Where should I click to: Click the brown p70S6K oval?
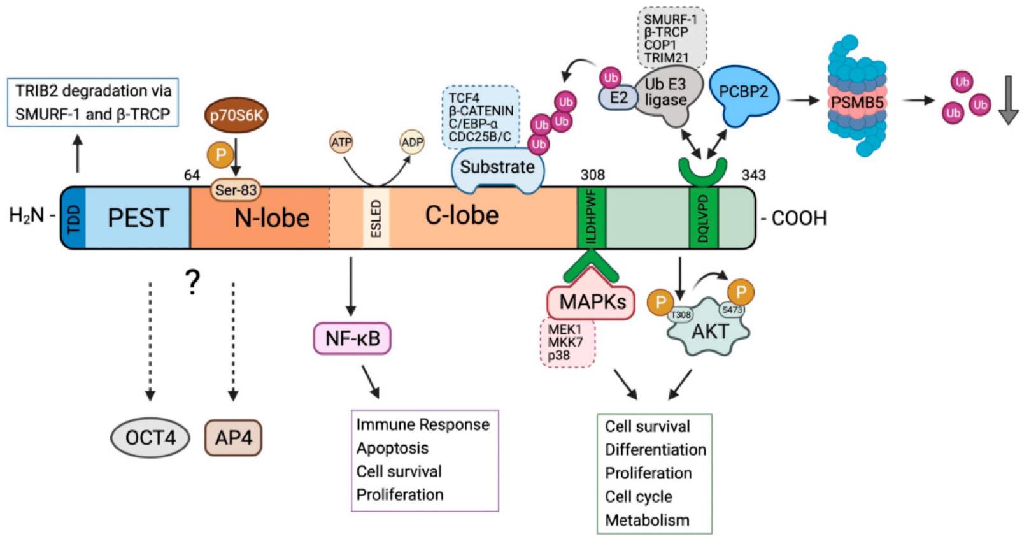(x=236, y=115)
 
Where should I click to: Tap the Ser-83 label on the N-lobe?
(x=236, y=189)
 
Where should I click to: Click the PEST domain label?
(x=138, y=218)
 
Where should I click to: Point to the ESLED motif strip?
(x=376, y=218)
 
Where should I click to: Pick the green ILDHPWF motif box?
(x=592, y=218)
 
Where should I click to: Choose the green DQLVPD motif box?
(x=704, y=218)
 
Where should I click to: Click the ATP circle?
(x=341, y=142)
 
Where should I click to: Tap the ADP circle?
(x=412, y=142)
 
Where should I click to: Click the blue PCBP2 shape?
(x=743, y=94)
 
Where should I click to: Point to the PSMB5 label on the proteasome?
(x=857, y=102)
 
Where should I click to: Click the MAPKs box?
(x=592, y=302)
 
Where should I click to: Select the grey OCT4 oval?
(x=150, y=438)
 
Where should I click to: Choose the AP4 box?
(x=233, y=438)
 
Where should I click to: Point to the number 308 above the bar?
(x=592, y=175)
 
